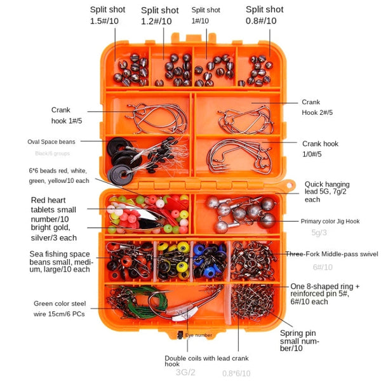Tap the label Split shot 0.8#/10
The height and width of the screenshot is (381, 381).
[x=265, y=15]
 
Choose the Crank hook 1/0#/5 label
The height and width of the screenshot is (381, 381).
[x=320, y=148]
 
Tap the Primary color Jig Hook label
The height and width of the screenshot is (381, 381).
[x=330, y=221]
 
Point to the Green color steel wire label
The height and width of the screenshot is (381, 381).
[x=61, y=308]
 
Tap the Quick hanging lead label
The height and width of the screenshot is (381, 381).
[x=333, y=190]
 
